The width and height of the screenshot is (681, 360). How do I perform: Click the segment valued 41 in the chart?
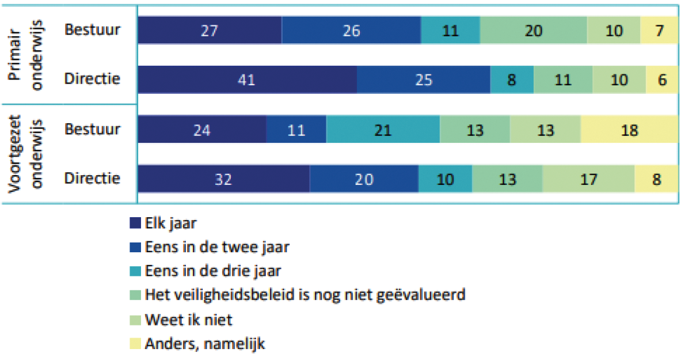pyautogui.click(x=248, y=79)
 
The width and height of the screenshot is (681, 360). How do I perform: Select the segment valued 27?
pyautogui.click(x=210, y=30)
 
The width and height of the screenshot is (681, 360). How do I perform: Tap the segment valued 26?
pyautogui.click(x=351, y=30)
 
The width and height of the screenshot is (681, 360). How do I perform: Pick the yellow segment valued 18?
pyautogui.click(x=629, y=130)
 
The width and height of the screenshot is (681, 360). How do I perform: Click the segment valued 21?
pyautogui.click(x=383, y=130)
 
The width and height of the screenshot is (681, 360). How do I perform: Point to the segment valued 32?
pyautogui.click(x=223, y=179)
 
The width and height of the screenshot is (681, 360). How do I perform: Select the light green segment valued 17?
pyautogui.click(x=588, y=179)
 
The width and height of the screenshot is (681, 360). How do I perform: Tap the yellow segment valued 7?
pyautogui.click(x=659, y=30)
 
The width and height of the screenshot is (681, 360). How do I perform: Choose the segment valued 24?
pyautogui.click(x=202, y=130)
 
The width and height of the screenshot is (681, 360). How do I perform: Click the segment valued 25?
pyautogui.click(x=423, y=79)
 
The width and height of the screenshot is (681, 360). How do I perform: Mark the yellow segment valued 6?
pyautogui.click(x=661, y=79)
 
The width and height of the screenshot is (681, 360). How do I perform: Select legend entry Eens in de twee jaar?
pyautogui.click(x=218, y=247)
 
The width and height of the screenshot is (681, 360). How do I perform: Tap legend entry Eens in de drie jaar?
pyautogui.click(x=214, y=271)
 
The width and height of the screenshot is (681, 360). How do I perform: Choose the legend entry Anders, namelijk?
pyautogui.click(x=205, y=344)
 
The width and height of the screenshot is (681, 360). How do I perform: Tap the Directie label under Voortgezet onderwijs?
pyautogui.click(x=92, y=179)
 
